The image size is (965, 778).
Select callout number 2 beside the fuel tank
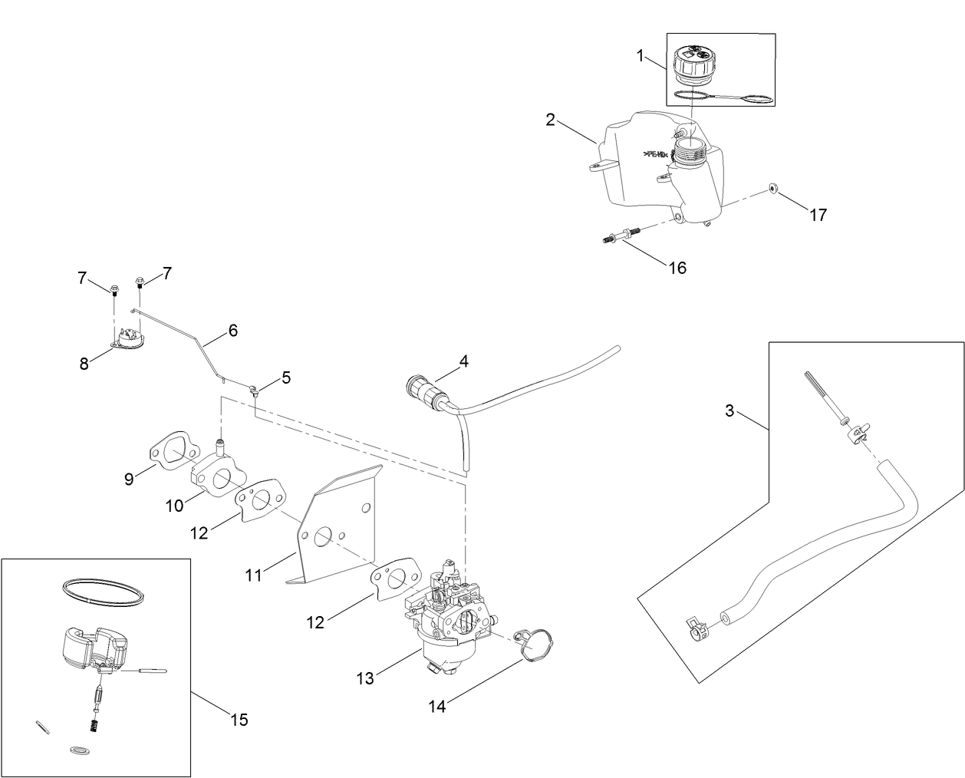click(550, 119)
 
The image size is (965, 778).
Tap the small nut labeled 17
click(775, 190)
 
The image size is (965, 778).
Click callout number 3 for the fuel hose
click(730, 411)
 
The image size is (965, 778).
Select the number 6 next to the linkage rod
click(232, 331)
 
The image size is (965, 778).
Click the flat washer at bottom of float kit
click(78, 748)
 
